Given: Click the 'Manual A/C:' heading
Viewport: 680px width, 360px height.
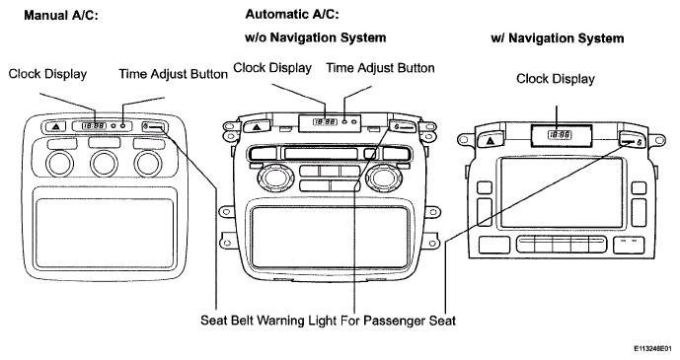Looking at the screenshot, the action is tap(61, 16).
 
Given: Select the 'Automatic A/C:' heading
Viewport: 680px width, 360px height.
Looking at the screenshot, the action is tap(292, 14).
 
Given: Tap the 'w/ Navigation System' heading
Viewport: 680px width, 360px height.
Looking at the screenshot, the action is tap(558, 38).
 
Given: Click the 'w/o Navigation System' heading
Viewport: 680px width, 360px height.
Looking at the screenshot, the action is tap(315, 37).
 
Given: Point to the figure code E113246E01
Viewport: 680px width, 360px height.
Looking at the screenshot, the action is tap(655, 348).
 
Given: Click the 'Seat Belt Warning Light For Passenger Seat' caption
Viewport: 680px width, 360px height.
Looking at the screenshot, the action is tap(328, 321).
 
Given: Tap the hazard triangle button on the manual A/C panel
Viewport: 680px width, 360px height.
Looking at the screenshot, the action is tap(55, 127).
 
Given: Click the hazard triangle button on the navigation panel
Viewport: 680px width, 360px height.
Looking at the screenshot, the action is tap(490, 141).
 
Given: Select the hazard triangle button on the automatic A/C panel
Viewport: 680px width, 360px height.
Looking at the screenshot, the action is tap(257, 127).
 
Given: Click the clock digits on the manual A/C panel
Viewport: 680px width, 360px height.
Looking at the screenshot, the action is tap(94, 125).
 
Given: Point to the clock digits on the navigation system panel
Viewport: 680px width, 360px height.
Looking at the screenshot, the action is tap(560, 135).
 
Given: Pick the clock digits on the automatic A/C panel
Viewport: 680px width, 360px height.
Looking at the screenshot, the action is tap(325, 122).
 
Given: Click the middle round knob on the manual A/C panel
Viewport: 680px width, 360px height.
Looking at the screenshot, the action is tap(104, 164).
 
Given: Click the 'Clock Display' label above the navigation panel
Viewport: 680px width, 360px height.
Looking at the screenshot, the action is tap(555, 79).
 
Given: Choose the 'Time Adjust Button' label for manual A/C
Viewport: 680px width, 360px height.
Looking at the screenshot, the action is tap(174, 74).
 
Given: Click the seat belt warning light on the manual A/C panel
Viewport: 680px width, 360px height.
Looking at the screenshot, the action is tap(154, 126).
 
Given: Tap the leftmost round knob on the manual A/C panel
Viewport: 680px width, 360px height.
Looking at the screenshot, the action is tap(59, 164).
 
